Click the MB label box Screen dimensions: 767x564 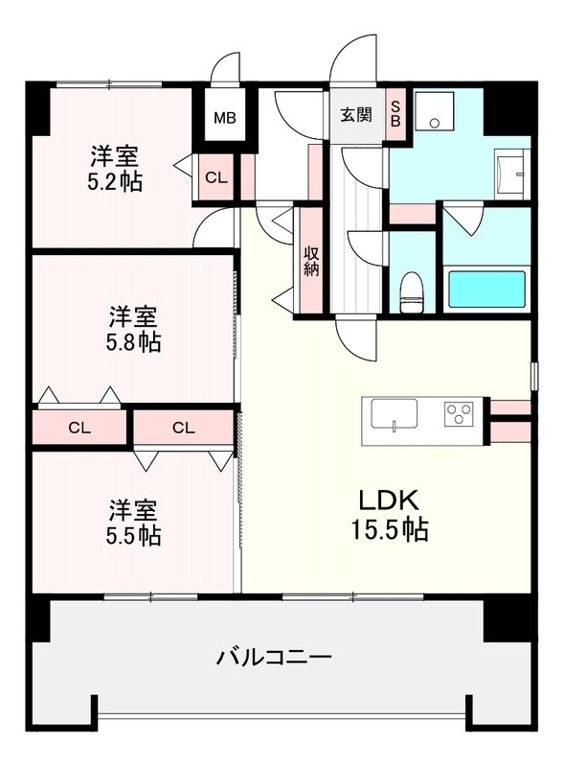(x=224, y=119)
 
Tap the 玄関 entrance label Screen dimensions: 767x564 (x=356, y=115)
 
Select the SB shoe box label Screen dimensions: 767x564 (x=395, y=115)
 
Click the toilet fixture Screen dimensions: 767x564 (x=412, y=291)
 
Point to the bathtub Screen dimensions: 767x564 (x=487, y=289)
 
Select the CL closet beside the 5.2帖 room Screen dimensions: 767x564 (x=216, y=177)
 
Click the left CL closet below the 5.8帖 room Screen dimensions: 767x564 (x=80, y=428)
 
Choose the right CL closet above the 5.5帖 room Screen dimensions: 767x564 (x=184, y=428)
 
